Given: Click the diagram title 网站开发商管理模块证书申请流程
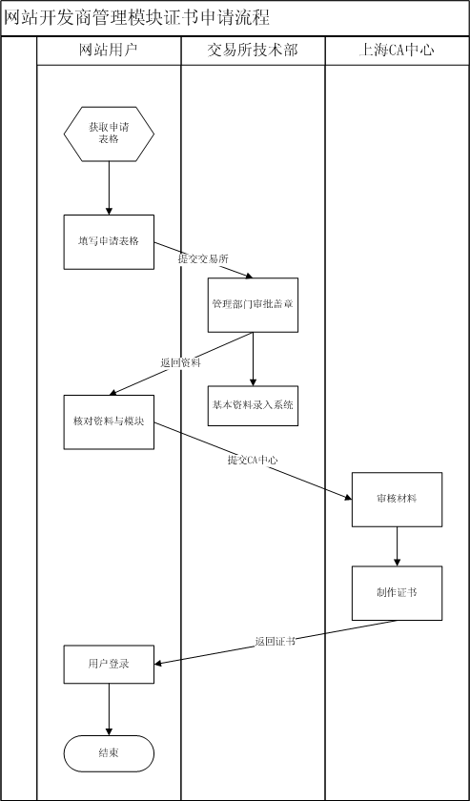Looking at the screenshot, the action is click(x=137, y=18).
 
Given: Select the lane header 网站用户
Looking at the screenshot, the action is click(x=109, y=50).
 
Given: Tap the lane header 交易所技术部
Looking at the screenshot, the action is click(x=253, y=50).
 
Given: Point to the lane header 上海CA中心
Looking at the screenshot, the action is click(x=397, y=50).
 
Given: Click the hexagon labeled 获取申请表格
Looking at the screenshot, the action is click(x=109, y=133).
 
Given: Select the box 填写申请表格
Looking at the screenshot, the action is click(x=109, y=241).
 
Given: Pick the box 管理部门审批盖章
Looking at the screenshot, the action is click(x=253, y=305).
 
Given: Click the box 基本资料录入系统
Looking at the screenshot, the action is click(x=253, y=405).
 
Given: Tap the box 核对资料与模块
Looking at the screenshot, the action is click(x=109, y=421).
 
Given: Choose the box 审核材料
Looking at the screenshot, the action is click(x=397, y=499).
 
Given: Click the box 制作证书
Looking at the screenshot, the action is click(x=397, y=593).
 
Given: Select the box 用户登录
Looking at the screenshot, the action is click(x=109, y=664).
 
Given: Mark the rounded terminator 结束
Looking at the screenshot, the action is click(x=109, y=753).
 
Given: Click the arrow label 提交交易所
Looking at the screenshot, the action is click(x=203, y=258).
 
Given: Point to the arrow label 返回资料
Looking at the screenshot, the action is click(x=180, y=363).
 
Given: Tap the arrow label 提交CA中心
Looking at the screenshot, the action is click(x=253, y=460).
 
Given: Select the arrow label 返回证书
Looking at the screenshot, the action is click(x=275, y=642).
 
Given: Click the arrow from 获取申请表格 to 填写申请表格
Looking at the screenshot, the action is click(x=109, y=188).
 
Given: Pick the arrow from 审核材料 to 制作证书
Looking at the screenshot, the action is click(x=397, y=546).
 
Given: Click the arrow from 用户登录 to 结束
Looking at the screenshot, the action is click(x=109, y=709).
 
